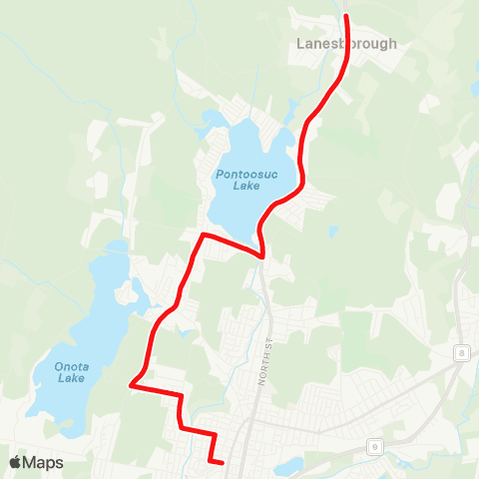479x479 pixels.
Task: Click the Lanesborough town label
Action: coord(346,44)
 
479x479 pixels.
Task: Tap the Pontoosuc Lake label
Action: coord(240,179)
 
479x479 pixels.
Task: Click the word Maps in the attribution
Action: coord(43,462)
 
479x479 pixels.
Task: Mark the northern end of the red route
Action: coord(346,17)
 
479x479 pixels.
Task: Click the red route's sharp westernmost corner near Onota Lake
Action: coord(131,382)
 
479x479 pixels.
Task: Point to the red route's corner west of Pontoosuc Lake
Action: coord(203,236)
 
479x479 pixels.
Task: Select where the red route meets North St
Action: coord(262,256)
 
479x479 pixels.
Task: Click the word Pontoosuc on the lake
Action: coord(240,173)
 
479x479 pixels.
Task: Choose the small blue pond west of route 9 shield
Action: coord(291,466)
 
